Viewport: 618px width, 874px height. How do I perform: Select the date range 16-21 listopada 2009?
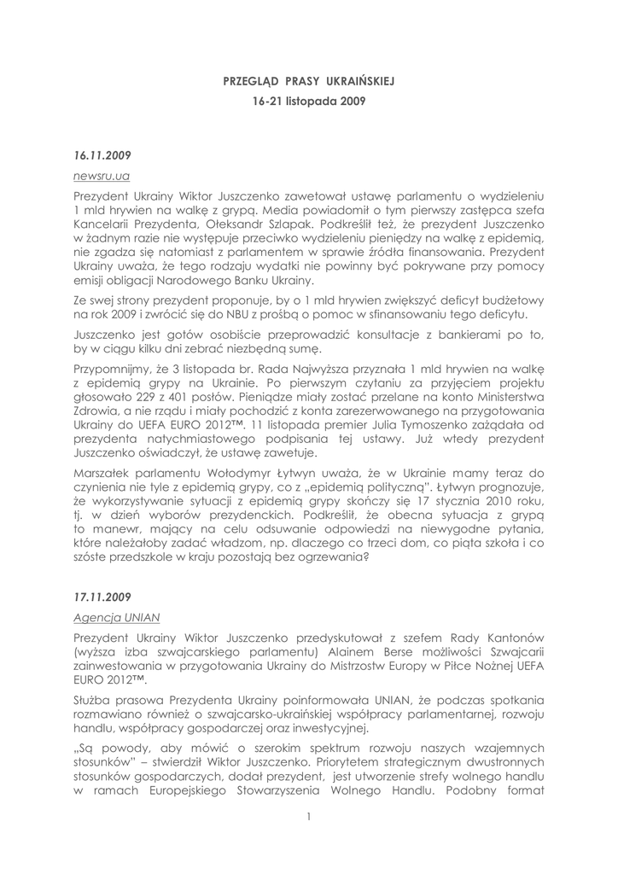pos(309,100)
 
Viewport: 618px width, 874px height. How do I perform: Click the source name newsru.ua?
pos(102,176)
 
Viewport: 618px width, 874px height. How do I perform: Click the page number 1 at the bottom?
pos(308,817)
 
